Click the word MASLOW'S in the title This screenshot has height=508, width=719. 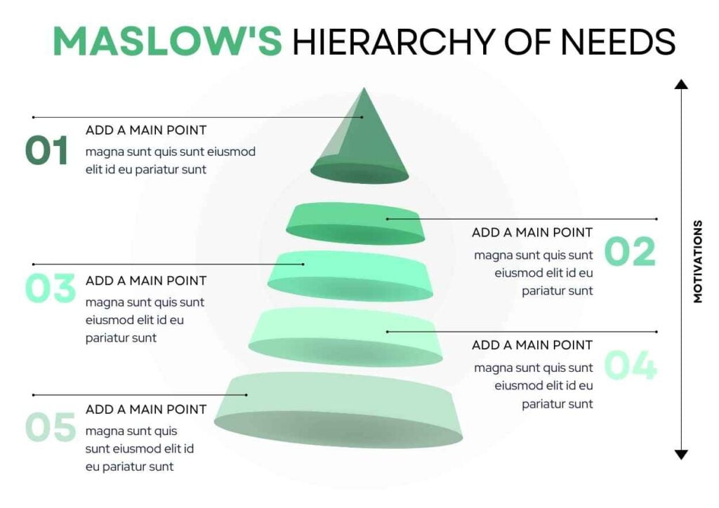coord(167,42)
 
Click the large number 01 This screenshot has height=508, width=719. coord(47,151)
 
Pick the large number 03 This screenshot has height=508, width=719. coord(50,288)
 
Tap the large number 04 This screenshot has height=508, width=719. coord(630,366)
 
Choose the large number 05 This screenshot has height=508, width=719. coord(50,427)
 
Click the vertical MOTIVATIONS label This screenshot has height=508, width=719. coord(697,262)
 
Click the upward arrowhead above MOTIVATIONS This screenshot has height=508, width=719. coord(680,85)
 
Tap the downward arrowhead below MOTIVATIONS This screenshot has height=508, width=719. coord(680,455)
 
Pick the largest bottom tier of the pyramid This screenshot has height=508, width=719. coord(338,410)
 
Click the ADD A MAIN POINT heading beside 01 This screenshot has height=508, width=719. coord(146,130)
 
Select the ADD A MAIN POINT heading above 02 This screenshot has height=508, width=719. coord(532,232)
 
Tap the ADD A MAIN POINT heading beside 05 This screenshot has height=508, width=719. coord(146,409)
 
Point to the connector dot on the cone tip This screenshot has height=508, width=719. coord(362,117)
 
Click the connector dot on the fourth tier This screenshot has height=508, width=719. coord(388,331)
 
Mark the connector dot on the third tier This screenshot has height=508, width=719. coord(303,265)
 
